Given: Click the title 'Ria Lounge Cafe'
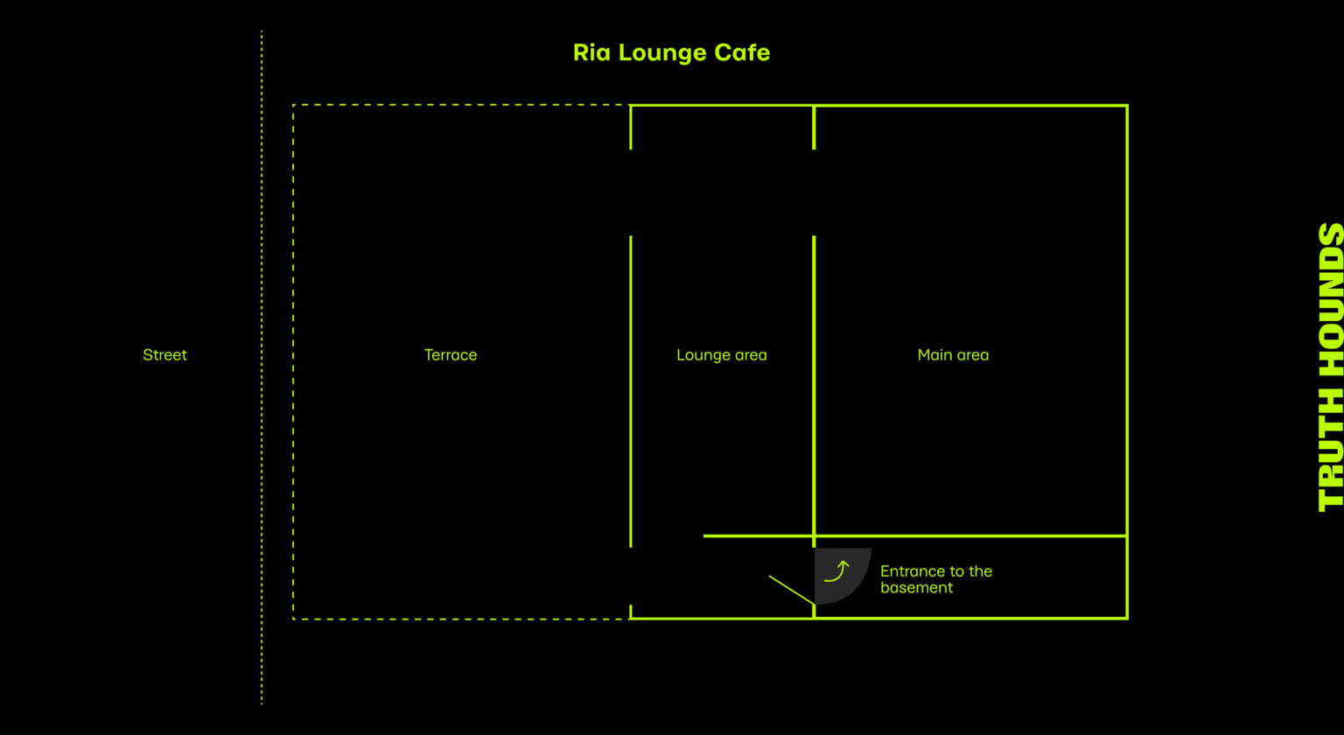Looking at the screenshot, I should tap(671, 52).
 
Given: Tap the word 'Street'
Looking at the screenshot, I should tap(164, 355).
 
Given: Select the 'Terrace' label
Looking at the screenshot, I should tap(451, 355).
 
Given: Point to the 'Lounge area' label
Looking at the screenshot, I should tap(721, 355).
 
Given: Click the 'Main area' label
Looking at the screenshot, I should tap(953, 355).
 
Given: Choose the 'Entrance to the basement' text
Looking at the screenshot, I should tap(935, 579).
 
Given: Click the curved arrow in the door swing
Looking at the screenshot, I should tap(837, 572).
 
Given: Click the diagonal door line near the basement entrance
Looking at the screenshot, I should tap(792, 590).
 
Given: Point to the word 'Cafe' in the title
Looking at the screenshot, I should tap(742, 52).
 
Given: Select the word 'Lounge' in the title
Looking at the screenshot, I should tap(663, 52).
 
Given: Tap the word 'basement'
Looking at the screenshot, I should tap(916, 588).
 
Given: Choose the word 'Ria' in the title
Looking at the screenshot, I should tap(592, 52).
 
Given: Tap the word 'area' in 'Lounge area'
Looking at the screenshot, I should tap(750, 355).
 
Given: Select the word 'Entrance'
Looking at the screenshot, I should tap(909, 571).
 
